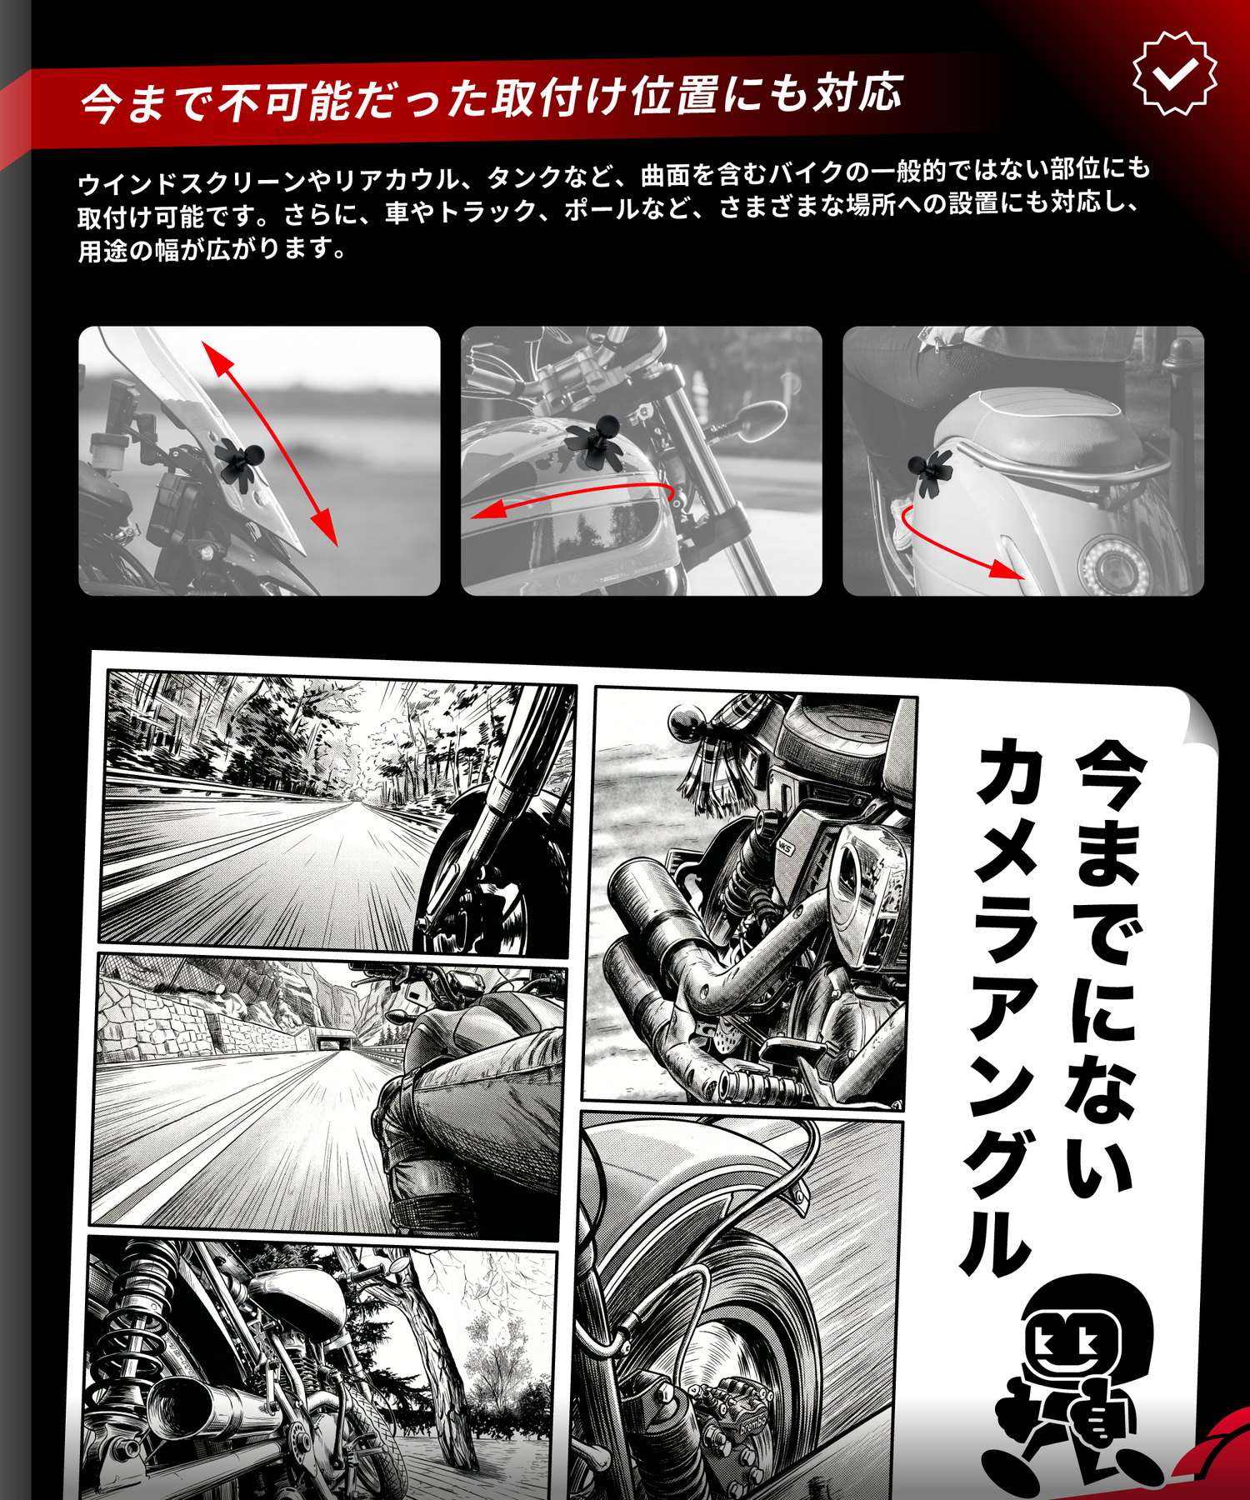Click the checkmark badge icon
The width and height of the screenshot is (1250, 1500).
1175,73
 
